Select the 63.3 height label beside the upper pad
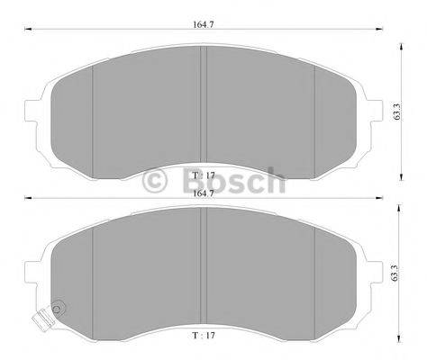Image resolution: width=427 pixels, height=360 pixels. [396, 111]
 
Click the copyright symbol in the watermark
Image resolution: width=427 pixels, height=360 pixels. [156, 183]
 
